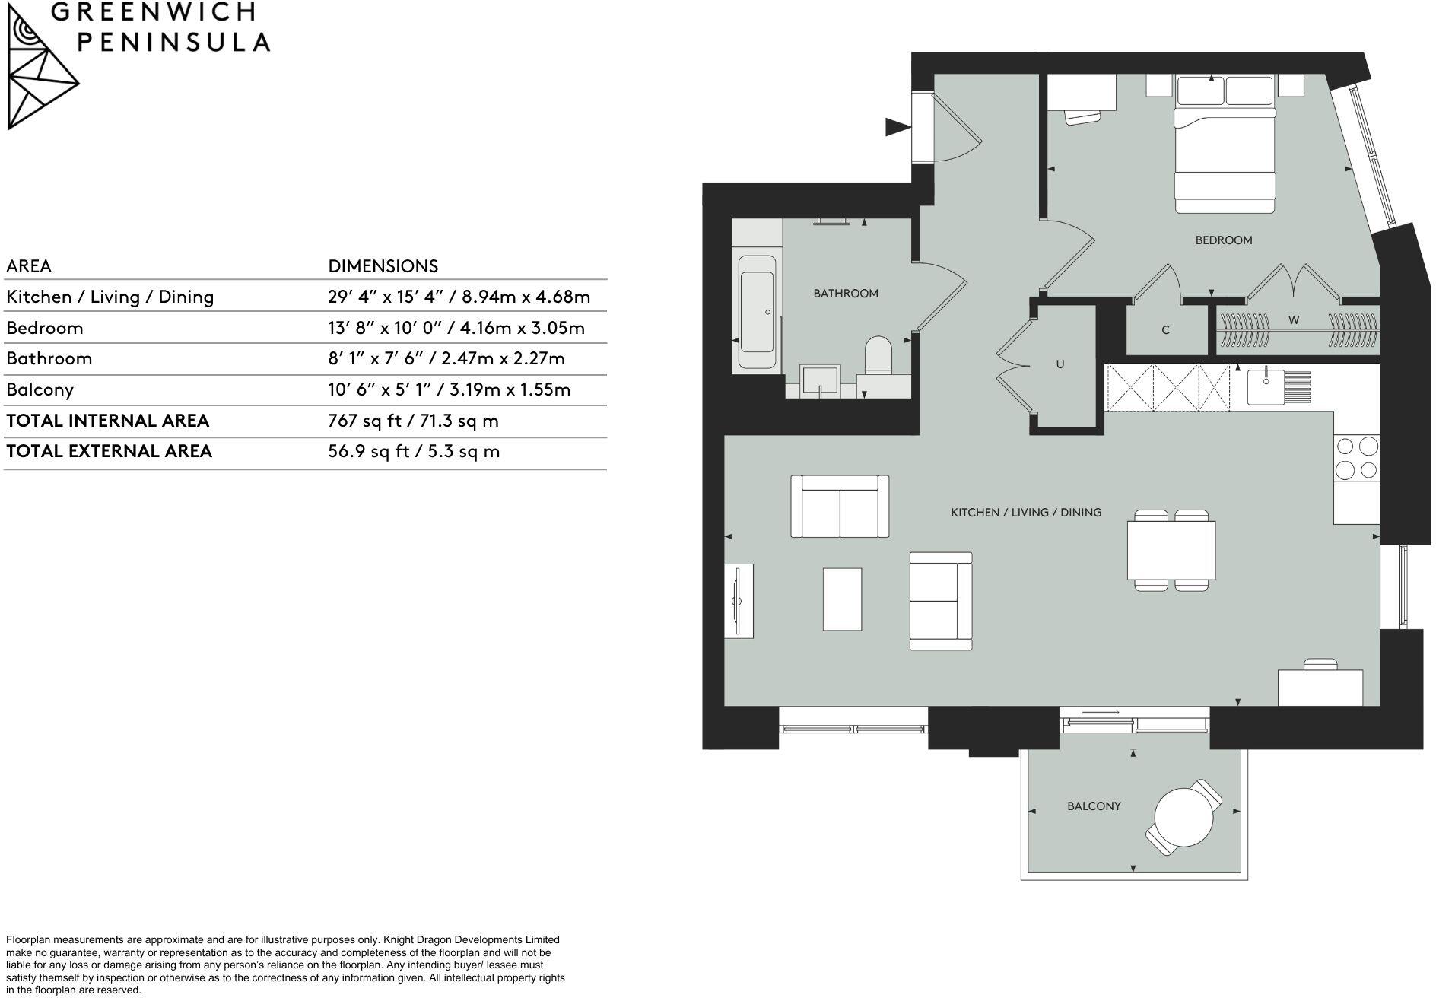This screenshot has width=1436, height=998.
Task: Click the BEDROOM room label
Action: tap(1223, 240)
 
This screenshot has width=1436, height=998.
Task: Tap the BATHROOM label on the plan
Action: tap(845, 294)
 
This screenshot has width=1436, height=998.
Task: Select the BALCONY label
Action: tap(1093, 806)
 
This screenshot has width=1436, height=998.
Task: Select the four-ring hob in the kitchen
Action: tap(1357, 458)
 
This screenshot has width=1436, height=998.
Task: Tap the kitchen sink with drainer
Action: tap(1278, 386)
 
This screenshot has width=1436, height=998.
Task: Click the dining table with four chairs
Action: tap(1171, 550)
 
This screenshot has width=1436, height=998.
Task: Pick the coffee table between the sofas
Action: tap(842, 599)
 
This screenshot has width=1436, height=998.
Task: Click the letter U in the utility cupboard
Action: tap(1060, 364)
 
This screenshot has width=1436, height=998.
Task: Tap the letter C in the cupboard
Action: tap(1165, 331)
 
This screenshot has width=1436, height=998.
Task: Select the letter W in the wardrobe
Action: tap(1293, 320)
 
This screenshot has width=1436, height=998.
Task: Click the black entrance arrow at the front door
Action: tap(898, 127)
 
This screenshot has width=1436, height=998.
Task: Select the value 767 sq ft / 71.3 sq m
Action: tap(413, 421)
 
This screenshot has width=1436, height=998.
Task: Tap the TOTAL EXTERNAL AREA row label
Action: tap(109, 451)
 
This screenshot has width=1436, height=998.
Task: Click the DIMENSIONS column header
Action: tap(383, 266)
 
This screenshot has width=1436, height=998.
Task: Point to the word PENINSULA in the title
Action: tap(174, 42)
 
